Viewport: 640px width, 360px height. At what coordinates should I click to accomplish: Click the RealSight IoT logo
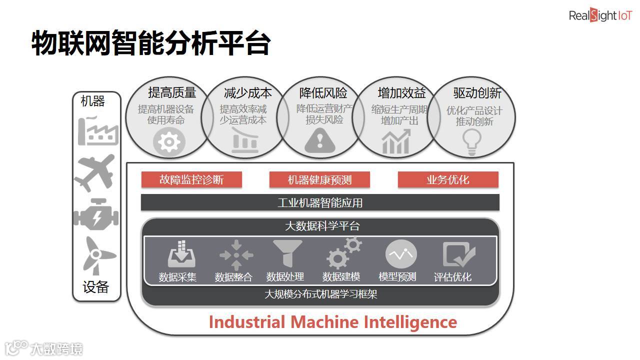(600, 15)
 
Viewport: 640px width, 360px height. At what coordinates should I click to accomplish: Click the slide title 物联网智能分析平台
(151, 43)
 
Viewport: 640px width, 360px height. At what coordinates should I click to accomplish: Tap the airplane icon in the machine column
(95, 172)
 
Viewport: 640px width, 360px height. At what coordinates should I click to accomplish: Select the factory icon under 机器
(97, 131)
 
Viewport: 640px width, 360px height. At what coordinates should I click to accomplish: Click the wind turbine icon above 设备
(95, 255)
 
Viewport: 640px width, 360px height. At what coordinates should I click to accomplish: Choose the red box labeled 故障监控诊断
(191, 180)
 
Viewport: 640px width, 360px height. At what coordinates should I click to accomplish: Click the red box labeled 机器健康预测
(319, 180)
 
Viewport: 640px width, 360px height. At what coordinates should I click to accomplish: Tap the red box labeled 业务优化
(448, 180)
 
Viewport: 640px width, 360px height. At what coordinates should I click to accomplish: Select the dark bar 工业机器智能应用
(320, 202)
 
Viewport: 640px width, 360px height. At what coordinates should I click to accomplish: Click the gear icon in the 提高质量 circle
(169, 142)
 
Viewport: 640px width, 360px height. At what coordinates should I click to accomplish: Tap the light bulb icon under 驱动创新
(471, 142)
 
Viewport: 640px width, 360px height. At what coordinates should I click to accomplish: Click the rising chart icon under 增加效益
(396, 142)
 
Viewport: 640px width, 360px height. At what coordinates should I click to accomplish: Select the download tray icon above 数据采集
(181, 254)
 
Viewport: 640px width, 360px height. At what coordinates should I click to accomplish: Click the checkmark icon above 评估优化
(458, 255)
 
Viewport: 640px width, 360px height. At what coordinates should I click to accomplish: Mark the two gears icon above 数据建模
(343, 253)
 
